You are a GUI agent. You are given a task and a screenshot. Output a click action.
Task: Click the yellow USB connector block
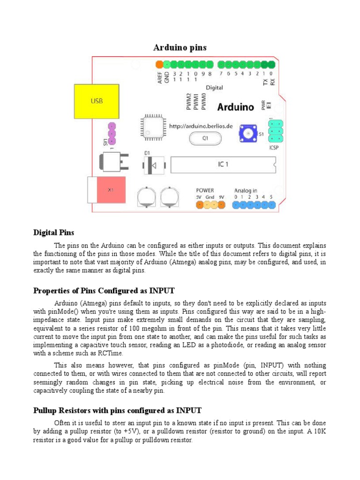click(x=96, y=101)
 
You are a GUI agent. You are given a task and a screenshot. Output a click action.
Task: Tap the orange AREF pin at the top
click(x=159, y=64)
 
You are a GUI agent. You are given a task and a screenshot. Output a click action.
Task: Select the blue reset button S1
click(x=247, y=134)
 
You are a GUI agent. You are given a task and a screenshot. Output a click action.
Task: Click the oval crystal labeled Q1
click(x=204, y=138)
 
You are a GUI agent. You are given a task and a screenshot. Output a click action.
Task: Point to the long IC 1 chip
click(x=223, y=165)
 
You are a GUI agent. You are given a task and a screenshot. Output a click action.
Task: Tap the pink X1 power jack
click(x=111, y=190)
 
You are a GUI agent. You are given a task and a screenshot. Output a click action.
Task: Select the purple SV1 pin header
click(x=112, y=134)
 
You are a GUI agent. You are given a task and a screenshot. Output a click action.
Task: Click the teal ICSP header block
click(x=275, y=131)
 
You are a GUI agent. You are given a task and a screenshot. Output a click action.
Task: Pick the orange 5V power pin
click(x=199, y=205)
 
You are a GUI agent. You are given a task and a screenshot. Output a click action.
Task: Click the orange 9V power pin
click(x=222, y=205)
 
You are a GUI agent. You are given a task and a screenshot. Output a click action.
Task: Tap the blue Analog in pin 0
click(x=235, y=205)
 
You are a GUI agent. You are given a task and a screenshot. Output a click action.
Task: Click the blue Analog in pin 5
click(x=271, y=205)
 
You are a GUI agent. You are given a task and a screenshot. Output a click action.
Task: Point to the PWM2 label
click(x=188, y=101)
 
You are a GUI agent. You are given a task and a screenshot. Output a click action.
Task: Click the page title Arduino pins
click(x=180, y=47)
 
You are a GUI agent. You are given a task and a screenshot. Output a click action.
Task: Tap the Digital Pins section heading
click(x=53, y=232)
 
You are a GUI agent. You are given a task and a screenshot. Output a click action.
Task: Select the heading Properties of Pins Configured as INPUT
click(x=104, y=291)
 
